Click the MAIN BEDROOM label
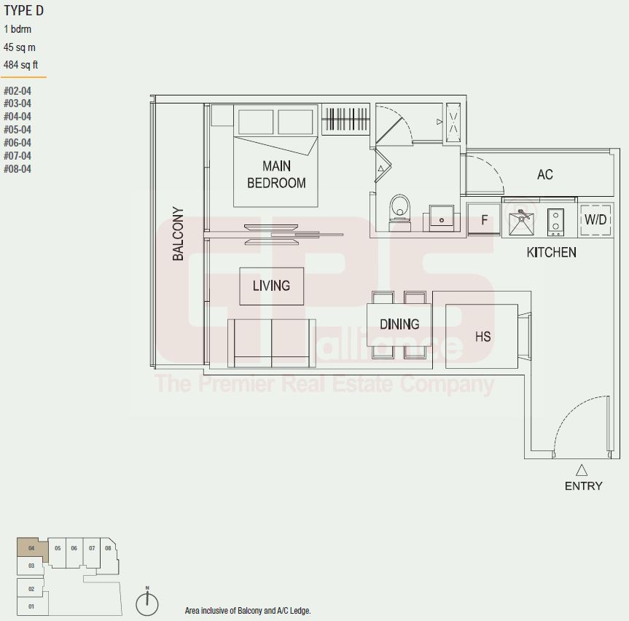[x=276, y=174]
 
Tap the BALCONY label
[x=178, y=233]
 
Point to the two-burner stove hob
[x=555, y=222]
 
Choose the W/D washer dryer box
[x=595, y=220]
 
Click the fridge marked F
[x=484, y=219]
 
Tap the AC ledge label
[x=544, y=174]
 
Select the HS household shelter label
[x=483, y=336]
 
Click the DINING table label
[x=399, y=324]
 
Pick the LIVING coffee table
[x=272, y=286]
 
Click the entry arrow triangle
[x=582, y=470]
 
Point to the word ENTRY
[x=583, y=486]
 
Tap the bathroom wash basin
[x=442, y=218]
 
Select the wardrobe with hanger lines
[x=345, y=119]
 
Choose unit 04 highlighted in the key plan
[x=32, y=548]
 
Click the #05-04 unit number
[x=17, y=130]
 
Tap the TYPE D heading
[x=23, y=11]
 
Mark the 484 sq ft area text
[x=21, y=65]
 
